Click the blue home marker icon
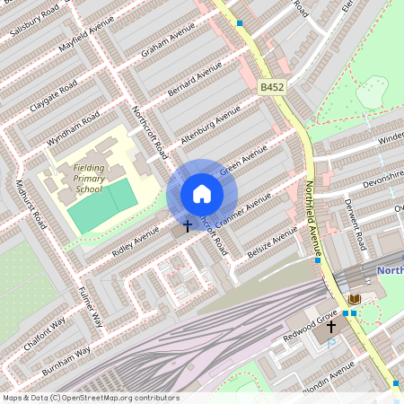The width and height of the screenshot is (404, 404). coord(201,194)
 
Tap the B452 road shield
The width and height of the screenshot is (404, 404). coord(272,87)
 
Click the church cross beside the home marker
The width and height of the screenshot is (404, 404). coord(187,225)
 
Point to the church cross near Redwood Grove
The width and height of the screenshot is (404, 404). coord(329,329)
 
